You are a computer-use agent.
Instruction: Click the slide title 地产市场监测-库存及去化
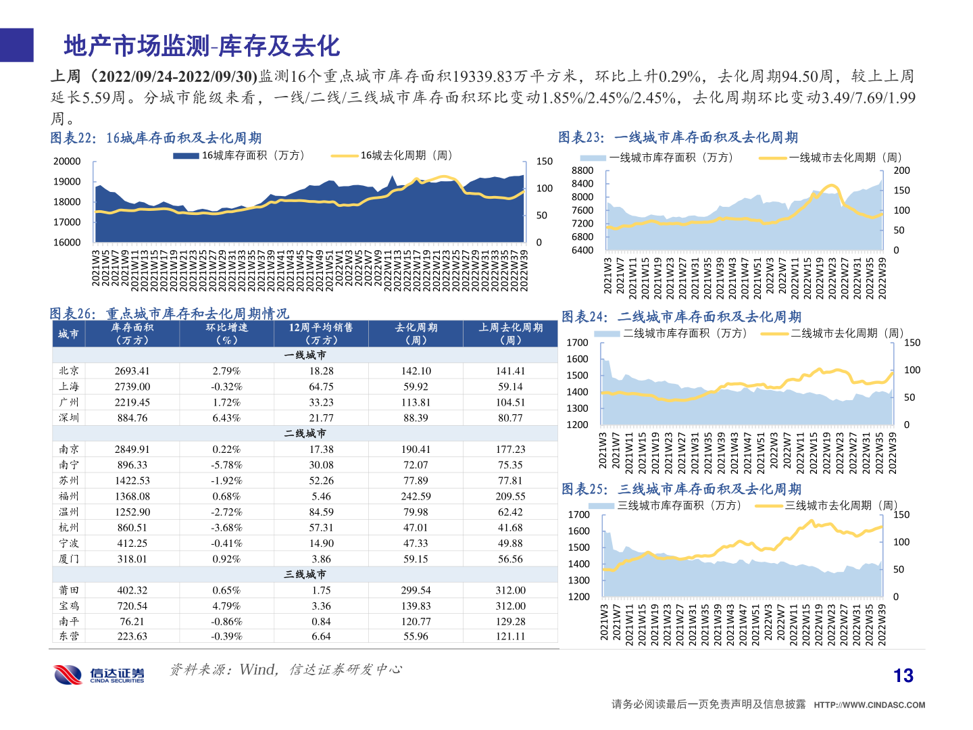tap(201, 46)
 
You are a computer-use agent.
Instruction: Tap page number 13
tap(903, 675)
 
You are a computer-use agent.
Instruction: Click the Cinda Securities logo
tap(99, 674)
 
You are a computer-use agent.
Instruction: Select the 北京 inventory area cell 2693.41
tap(132, 371)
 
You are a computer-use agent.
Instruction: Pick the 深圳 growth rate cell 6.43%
tap(226, 418)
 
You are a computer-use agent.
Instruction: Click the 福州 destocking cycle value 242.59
tap(416, 496)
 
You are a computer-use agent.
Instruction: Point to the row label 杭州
tap(69, 527)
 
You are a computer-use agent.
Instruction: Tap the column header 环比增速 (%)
tap(226, 333)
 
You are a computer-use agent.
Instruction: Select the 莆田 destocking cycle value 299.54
tap(416, 590)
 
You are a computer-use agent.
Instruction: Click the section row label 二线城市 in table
tap(305, 433)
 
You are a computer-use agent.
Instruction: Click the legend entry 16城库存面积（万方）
tap(240, 155)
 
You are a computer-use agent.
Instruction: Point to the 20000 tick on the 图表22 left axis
tap(67, 161)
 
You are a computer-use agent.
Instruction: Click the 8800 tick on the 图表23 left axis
tap(582, 170)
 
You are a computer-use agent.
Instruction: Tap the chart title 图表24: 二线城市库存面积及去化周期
tap(681, 316)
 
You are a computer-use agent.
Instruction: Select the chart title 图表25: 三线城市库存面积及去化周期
tap(681, 489)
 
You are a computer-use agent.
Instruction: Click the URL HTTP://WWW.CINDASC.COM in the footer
tap(869, 704)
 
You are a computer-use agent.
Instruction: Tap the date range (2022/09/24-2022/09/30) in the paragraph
tap(174, 76)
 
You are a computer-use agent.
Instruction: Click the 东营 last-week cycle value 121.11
tap(510, 636)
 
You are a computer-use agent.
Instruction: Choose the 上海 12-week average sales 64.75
tap(321, 387)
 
